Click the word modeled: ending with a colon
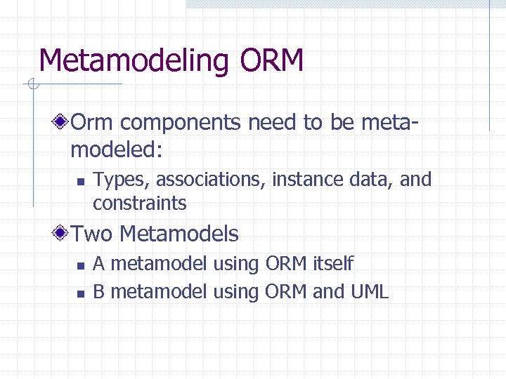tap(116, 148)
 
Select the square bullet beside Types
tap(81, 181)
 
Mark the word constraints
tap(139, 204)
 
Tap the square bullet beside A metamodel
tap(81, 265)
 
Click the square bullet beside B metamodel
tap(81, 293)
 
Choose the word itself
tap(334, 264)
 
